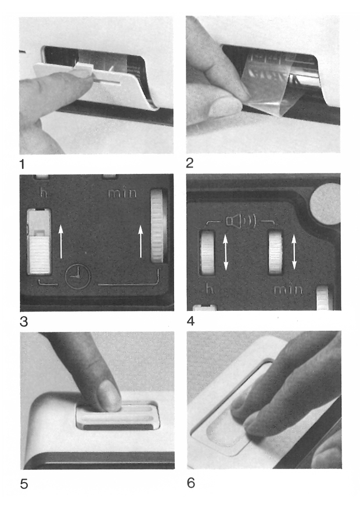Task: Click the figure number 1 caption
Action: click(22, 164)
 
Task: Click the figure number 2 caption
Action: click(190, 162)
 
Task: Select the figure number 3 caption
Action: click(24, 322)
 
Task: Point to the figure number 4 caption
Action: click(190, 321)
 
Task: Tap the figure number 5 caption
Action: click(24, 484)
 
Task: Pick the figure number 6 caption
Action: click(191, 483)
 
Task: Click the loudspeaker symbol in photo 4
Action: click(241, 221)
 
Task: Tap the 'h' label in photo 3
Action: click(44, 193)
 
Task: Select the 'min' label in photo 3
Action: click(122, 193)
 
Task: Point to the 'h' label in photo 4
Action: click(210, 288)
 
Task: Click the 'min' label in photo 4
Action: click(288, 289)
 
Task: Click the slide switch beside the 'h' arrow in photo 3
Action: click(39, 241)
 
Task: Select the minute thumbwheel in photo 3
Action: click(159, 226)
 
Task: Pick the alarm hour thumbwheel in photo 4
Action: click(207, 252)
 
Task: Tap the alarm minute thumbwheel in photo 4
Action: click(275, 252)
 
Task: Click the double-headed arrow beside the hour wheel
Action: click(226, 252)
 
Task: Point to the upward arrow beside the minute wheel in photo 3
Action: click(141, 241)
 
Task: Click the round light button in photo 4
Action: click(325, 204)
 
